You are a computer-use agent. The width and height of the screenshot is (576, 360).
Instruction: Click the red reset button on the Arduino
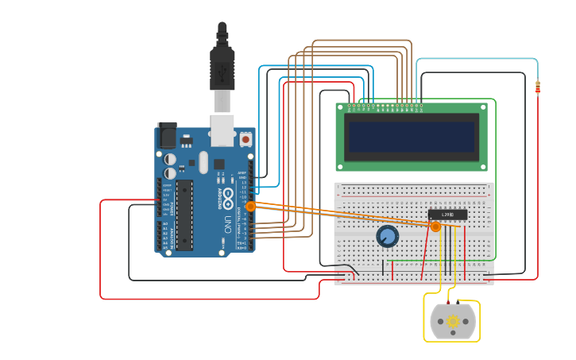(x=245, y=139)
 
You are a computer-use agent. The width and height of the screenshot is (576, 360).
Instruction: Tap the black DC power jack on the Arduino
(x=167, y=135)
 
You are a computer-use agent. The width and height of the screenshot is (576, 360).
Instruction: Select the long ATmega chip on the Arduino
(x=184, y=215)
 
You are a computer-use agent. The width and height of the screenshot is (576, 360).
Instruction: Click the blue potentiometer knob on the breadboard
(x=387, y=236)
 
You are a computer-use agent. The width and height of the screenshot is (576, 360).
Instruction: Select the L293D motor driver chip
(x=447, y=215)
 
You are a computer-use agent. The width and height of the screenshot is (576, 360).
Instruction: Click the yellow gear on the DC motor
(x=453, y=322)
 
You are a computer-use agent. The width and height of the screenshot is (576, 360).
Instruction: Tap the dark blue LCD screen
(x=412, y=137)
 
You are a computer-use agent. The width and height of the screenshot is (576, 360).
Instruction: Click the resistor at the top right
(x=538, y=87)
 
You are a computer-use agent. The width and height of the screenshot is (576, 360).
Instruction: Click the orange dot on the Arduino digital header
(x=250, y=206)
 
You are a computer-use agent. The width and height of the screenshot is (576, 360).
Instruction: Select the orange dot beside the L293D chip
(x=435, y=226)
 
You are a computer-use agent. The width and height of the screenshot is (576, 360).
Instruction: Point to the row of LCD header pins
(x=385, y=106)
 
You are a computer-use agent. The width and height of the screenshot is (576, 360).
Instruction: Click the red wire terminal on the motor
(x=448, y=303)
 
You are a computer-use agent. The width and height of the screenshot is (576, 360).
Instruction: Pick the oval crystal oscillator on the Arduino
(x=203, y=162)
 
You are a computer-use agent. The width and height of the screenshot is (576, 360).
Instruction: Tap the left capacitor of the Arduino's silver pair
(x=170, y=160)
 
